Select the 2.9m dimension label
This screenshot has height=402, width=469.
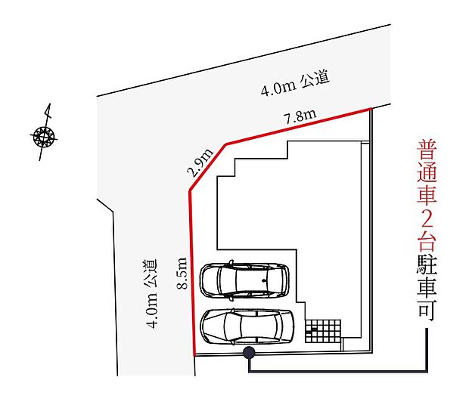point(200,162)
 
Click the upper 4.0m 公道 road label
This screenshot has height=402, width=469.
point(295,85)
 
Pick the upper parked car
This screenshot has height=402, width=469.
point(244,280)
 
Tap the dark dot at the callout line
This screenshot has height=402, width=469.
point(248,352)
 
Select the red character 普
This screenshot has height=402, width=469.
point(427,148)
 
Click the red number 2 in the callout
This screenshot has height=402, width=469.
point(427,218)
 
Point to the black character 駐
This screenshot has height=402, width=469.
point(427,264)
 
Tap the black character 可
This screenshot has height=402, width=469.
point(427,311)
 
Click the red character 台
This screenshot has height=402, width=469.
point(427,241)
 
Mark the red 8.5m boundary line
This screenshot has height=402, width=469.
point(191,272)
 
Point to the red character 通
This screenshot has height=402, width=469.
point(427,172)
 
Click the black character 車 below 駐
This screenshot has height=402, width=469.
point(427,288)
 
